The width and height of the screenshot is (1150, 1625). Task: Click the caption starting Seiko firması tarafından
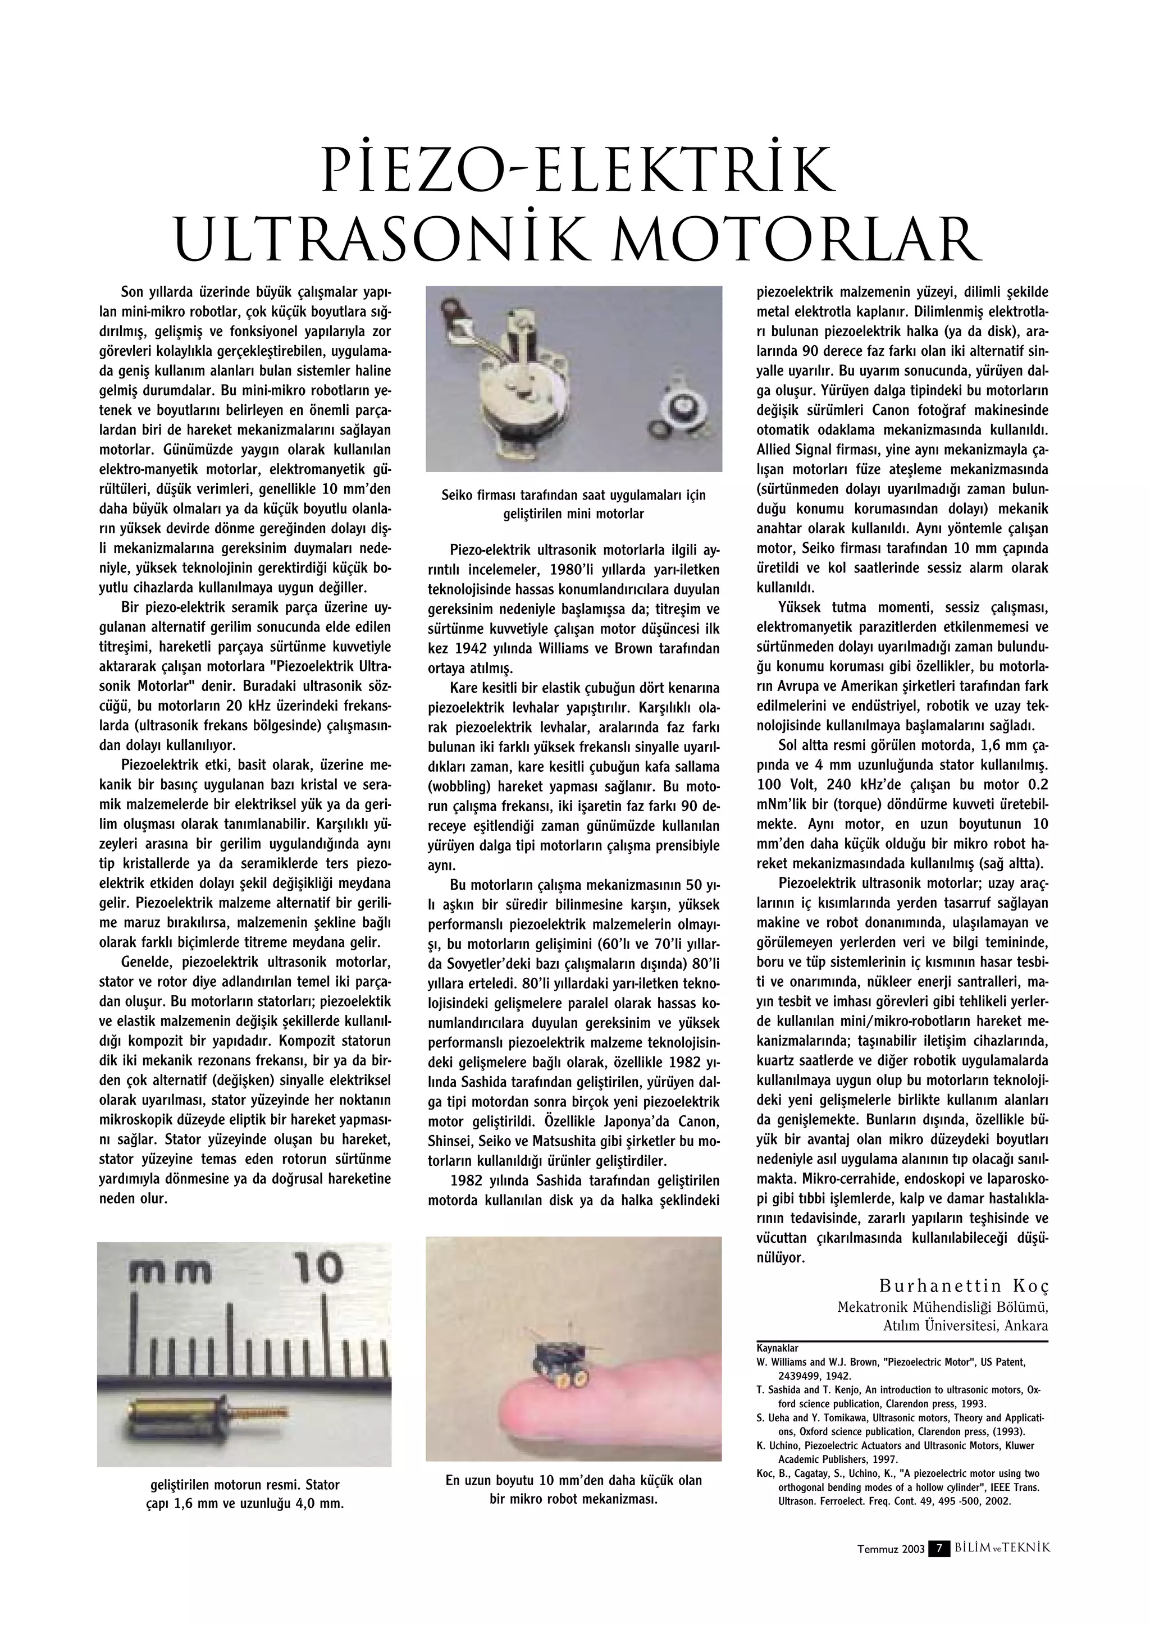[573, 496]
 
